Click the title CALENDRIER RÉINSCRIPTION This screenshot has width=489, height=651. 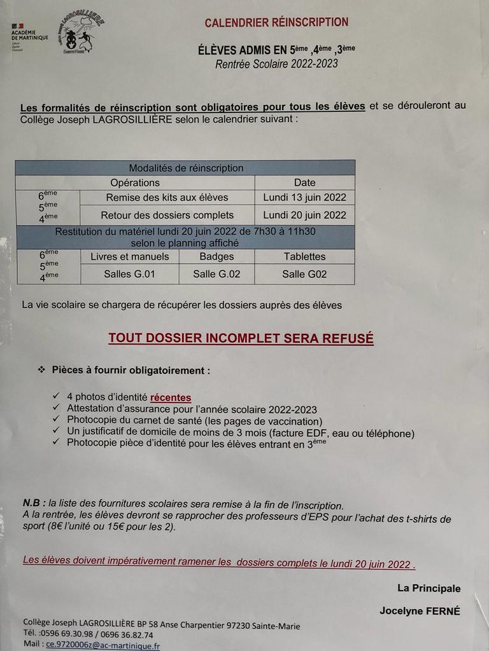pyautogui.click(x=276, y=23)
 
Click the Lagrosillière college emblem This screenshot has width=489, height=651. pyautogui.click(x=79, y=33)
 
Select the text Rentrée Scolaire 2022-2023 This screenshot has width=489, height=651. pyautogui.click(x=276, y=64)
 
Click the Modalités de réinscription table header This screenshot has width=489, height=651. pyautogui.click(x=186, y=168)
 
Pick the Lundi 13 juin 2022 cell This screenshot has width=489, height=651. pyautogui.click(x=304, y=197)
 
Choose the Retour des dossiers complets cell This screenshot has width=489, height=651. pyautogui.click(x=167, y=215)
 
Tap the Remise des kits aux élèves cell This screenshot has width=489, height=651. pyautogui.click(x=167, y=197)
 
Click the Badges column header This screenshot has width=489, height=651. pyautogui.click(x=216, y=257)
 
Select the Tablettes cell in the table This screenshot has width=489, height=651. pyautogui.click(x=304, y=257)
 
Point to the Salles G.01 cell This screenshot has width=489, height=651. pyautogui.click(x=130, y=275)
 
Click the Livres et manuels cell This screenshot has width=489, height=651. pyautogui.click(x=130, y=257)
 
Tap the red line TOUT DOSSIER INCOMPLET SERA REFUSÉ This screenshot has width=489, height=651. pyautogui.click(x=241, y=338)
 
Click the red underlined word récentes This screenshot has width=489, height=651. pyautogui.click(x=171, y=397)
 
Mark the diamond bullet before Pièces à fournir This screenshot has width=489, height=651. pyautogui.click(x=41, y=369)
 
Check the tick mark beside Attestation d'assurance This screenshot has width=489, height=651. pyautogui.click(x=57, y=409)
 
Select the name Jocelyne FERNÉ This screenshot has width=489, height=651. pyautogui.click(x=420, y=611)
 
